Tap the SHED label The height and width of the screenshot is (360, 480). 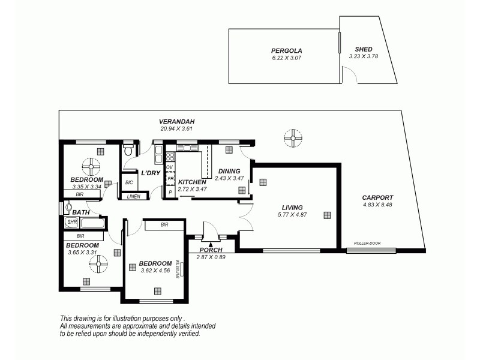point(363,50)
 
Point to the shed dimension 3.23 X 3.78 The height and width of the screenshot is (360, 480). point(363,56)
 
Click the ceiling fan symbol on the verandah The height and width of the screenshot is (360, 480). point(293,139)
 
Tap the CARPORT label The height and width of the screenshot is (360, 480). point(377,197)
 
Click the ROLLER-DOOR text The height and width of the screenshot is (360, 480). point(367,244)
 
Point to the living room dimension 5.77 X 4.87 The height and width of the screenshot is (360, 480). point(292,214)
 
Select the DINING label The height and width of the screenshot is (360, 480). point(230,171)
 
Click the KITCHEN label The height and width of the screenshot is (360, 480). point(193,182)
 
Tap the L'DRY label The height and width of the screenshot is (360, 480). point(150,173)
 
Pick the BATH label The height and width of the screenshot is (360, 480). point(80,212)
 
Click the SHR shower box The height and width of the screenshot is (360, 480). point(72,223)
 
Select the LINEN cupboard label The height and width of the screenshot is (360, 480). point(134,196)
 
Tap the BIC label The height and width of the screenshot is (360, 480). point(129,182)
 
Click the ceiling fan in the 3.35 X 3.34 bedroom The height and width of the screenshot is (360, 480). point(90,165)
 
